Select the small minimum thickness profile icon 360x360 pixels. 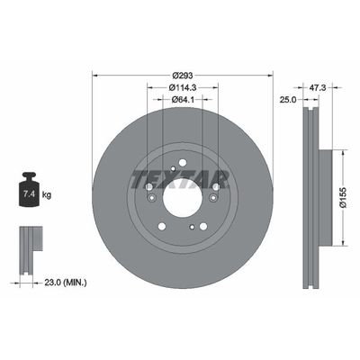coord(29,245)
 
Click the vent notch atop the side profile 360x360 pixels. coord(308,112)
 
